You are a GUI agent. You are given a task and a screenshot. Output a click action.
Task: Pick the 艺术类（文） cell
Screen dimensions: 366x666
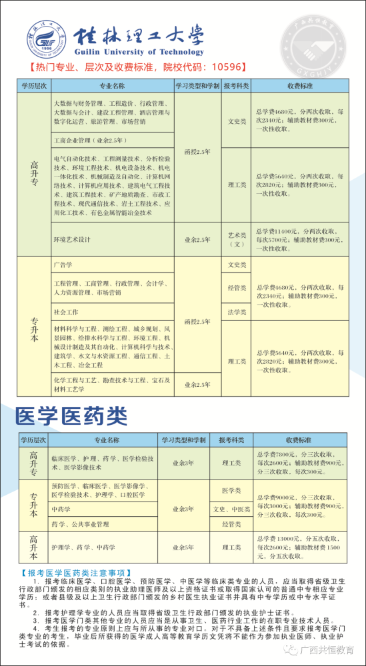[237, 239]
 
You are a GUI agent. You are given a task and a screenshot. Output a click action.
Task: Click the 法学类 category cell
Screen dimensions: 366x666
[237, 311]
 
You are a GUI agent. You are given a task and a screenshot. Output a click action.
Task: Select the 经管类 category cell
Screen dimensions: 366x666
[237, 288]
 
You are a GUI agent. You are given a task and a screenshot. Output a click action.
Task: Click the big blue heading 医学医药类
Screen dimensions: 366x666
[71, 415]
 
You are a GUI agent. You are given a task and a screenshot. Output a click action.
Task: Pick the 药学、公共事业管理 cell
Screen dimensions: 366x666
[81, 524]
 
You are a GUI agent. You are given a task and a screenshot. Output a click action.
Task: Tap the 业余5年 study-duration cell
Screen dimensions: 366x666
[183, 547]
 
